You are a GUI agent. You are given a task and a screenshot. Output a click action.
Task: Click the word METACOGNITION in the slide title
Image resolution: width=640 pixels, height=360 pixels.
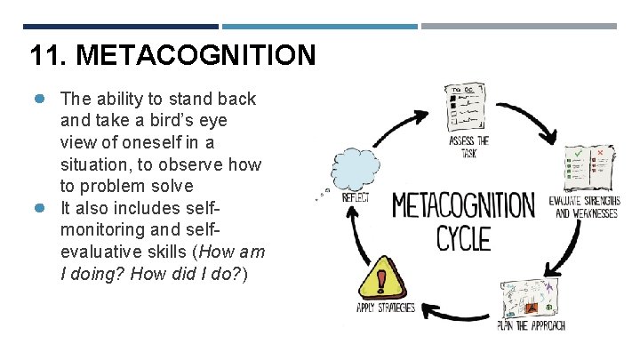196,56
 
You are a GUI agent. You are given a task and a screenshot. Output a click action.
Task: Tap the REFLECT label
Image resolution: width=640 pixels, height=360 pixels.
356,197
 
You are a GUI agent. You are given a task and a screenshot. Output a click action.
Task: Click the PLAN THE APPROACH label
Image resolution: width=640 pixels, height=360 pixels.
532,325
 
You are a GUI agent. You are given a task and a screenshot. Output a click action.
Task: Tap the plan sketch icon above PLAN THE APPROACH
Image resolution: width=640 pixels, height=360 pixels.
533,295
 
